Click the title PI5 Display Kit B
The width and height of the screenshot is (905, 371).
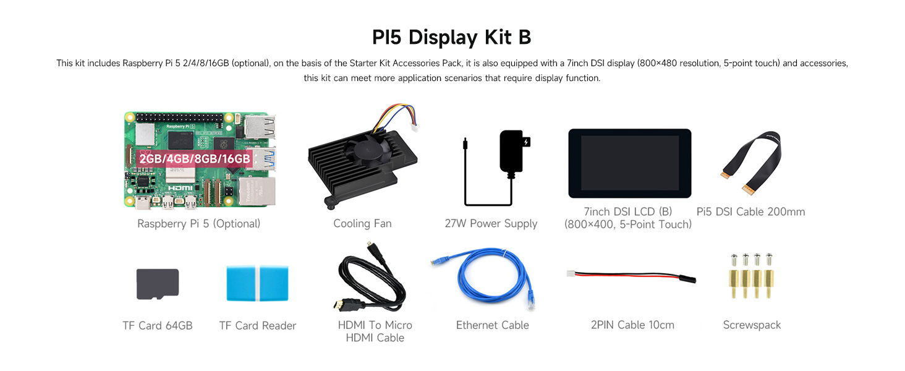[452, 37]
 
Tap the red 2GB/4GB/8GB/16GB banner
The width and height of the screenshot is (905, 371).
[195, 158]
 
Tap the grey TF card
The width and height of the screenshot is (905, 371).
[158, 284]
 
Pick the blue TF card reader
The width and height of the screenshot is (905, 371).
[258, 284]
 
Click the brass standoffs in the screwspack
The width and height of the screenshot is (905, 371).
[752, 284]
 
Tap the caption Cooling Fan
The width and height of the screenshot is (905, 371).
[362, 224]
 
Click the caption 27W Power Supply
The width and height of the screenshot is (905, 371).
[491, 224]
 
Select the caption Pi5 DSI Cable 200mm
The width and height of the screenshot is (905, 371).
[750, 212]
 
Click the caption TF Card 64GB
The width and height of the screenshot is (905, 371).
[158, 326]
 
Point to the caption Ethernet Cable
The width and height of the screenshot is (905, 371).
[492, 325]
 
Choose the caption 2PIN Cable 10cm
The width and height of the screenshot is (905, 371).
[632, 325]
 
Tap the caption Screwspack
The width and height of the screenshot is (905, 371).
[752, 325]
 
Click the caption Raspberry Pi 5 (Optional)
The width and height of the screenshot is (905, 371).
[198, 224]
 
